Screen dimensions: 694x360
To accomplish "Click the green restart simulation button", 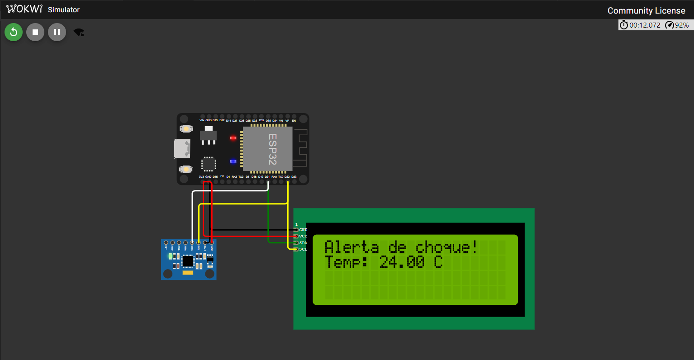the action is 14,32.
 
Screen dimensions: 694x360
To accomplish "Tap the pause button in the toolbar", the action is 57,32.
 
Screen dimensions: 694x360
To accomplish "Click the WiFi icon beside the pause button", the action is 79,32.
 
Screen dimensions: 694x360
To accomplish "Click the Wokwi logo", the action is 24,9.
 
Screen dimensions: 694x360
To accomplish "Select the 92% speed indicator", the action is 677,25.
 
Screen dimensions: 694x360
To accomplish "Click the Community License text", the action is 646,10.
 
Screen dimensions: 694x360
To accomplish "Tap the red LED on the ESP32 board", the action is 233,137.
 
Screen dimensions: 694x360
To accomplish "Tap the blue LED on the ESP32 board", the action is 233,161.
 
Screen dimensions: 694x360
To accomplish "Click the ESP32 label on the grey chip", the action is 272,149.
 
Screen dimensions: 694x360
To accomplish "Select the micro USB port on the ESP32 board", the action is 182,149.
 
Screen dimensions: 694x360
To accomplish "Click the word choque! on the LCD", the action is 446,247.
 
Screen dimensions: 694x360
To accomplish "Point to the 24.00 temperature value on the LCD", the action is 402,262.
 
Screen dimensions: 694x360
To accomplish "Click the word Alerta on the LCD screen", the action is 352,247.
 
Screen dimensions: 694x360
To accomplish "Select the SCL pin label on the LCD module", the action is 303,249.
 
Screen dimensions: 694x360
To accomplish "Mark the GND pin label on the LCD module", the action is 303,230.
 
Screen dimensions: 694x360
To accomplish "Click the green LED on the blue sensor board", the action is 171,256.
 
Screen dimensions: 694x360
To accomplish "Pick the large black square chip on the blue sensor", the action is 188,261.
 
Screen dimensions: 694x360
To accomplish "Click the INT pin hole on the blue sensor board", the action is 166,243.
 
